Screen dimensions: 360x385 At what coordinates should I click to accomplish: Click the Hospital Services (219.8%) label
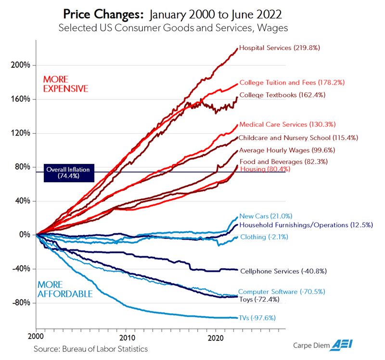pos(280,48)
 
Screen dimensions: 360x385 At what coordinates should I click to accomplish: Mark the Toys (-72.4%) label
pos(259,299)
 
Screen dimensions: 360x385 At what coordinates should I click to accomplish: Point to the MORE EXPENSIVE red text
pos(66,84)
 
